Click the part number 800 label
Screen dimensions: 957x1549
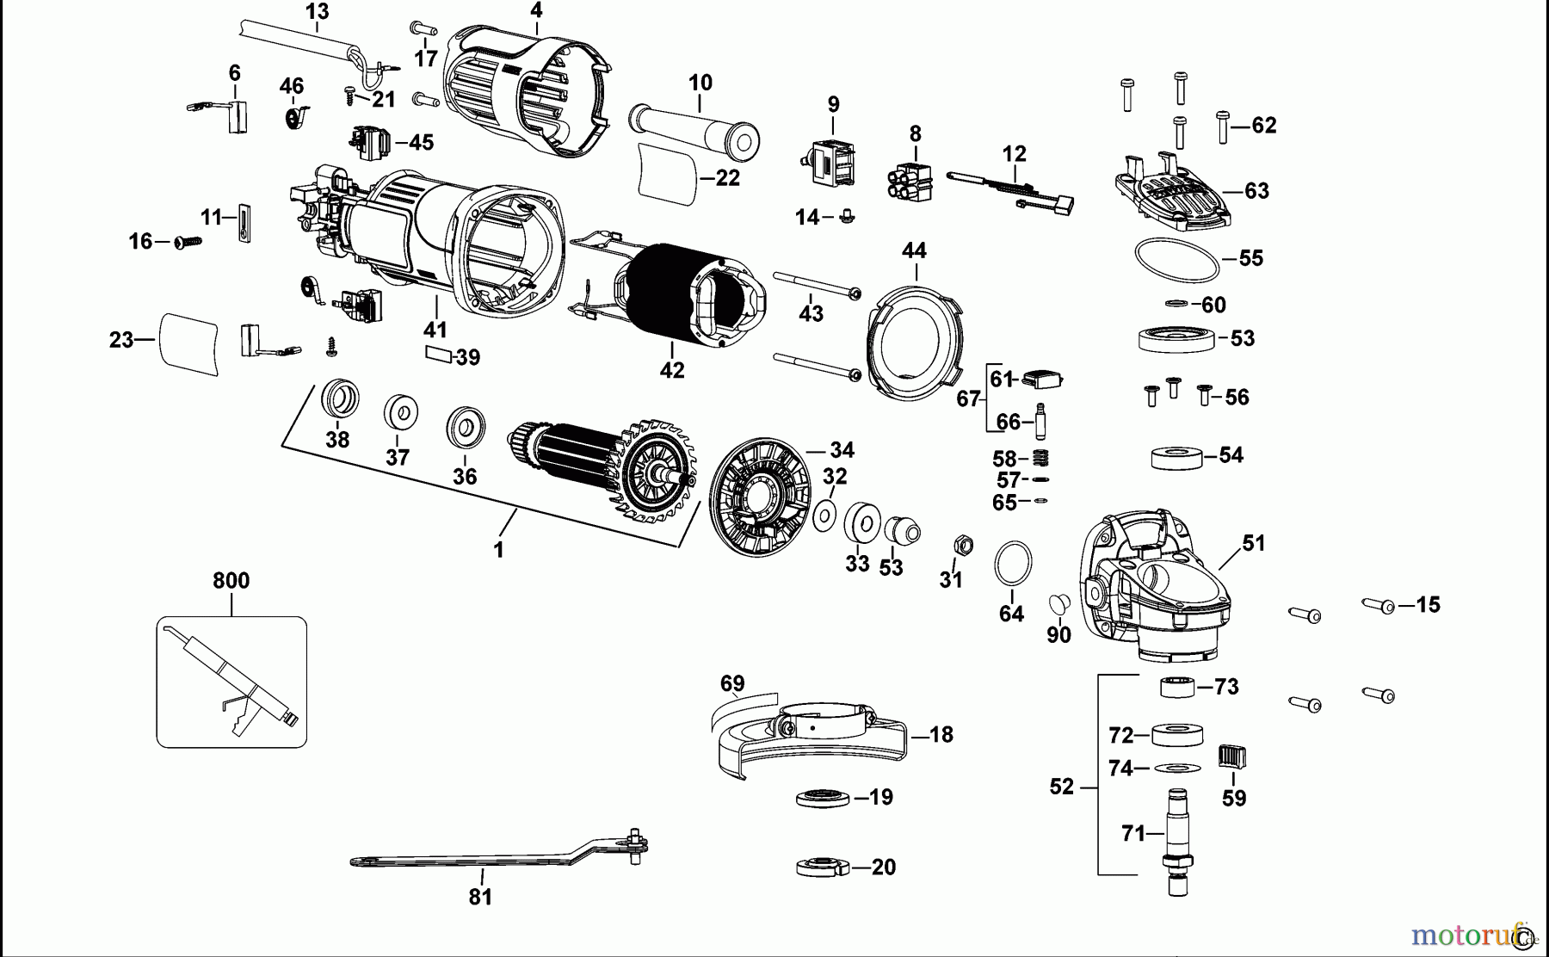(x=231, y=581)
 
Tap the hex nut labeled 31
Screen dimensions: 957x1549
(x=964, y=545)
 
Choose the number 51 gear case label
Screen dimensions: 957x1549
(x=1254, y=543)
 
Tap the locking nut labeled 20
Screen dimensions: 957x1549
(x=824, y=867)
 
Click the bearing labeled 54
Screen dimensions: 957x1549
(x=1176, y=456)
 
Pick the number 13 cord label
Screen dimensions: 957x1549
(x=317, y=12)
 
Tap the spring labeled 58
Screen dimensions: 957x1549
(x=1040, y=458)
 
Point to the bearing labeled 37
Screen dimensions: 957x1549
(x=401, y=412)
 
